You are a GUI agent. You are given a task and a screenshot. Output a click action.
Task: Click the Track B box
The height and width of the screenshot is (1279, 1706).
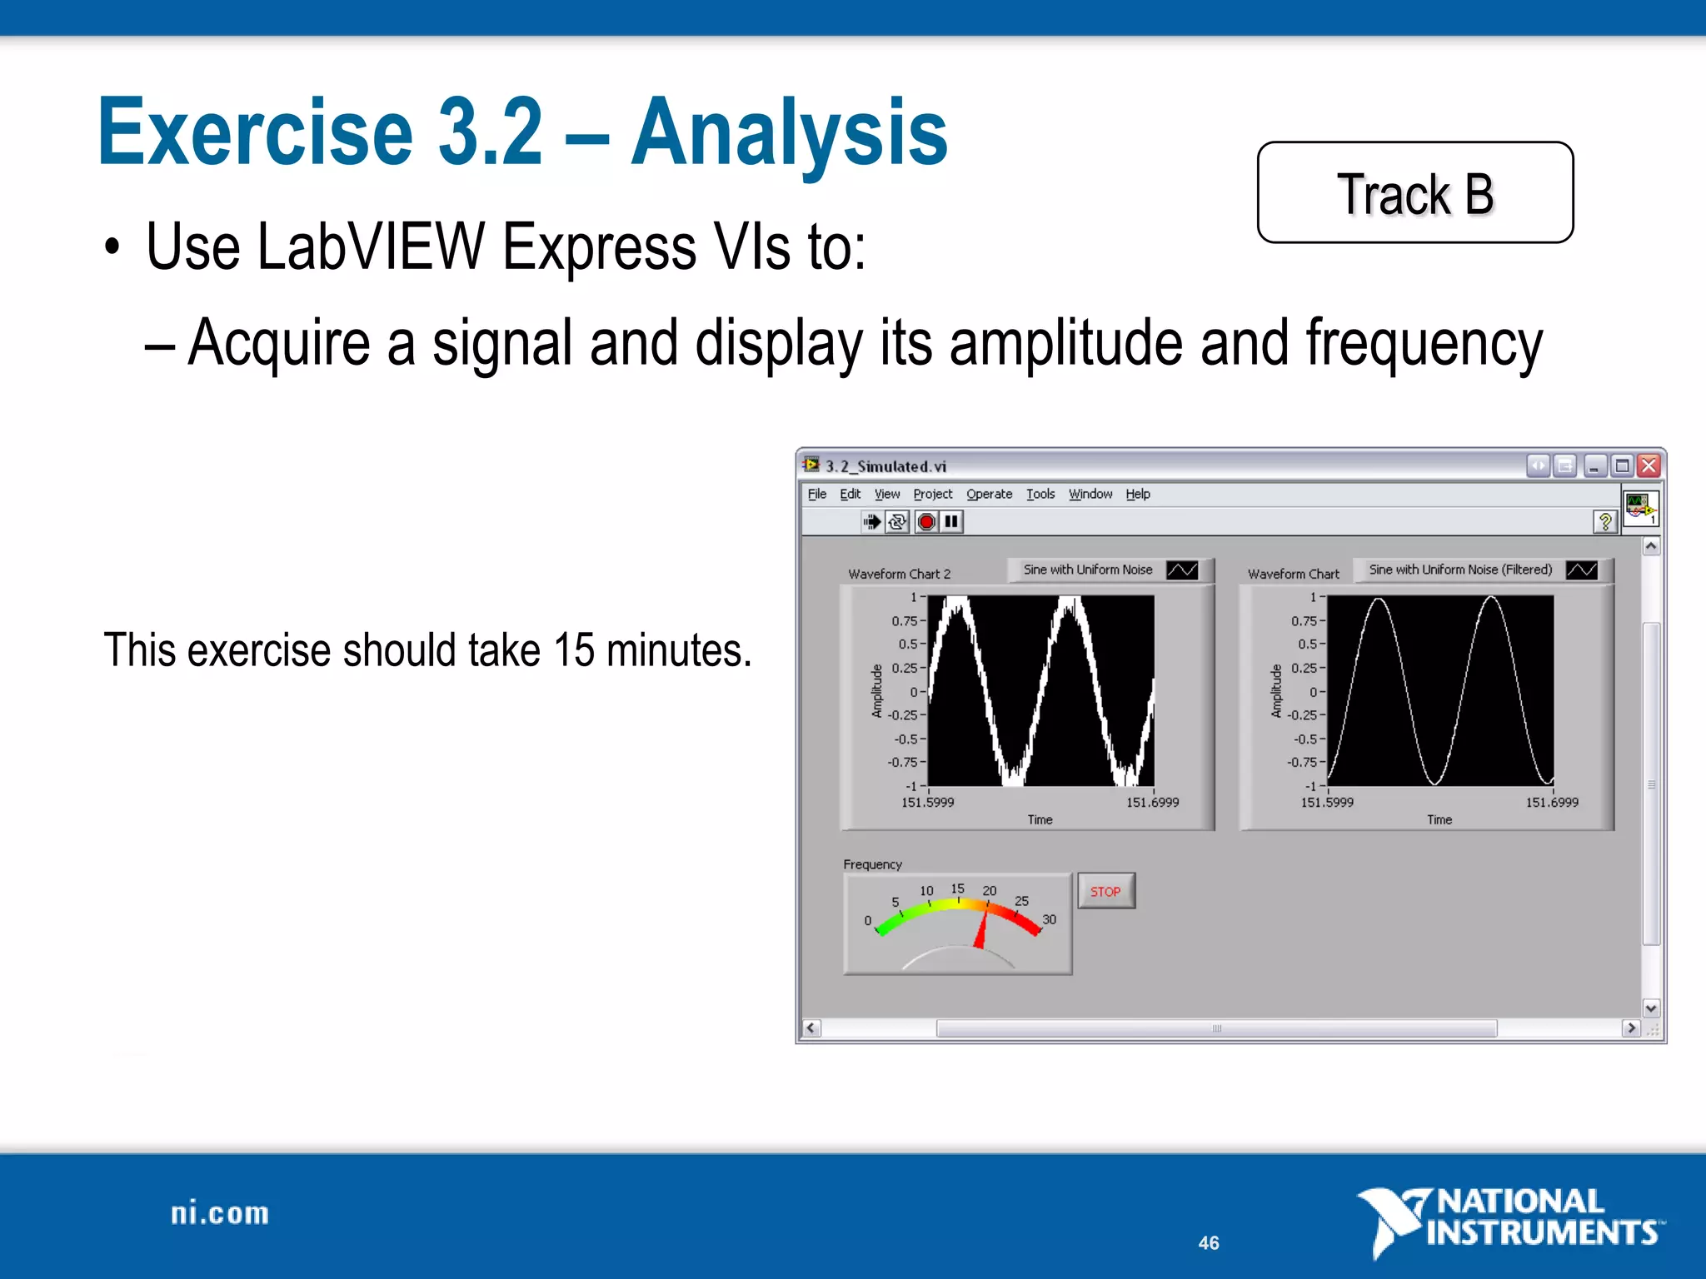coord(1414,192)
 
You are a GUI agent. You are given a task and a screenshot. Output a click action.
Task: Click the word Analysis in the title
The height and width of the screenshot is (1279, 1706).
coord(789,133)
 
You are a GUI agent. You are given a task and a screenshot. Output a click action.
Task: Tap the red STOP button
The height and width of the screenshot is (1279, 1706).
coord(1105,891)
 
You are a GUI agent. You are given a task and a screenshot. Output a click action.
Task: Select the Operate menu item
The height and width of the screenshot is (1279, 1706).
coord(989,494)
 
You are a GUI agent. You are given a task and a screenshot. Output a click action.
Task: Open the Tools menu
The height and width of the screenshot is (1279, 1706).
coord(1040,494)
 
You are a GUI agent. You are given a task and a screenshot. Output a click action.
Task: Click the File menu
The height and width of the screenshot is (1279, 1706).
coord(816,494)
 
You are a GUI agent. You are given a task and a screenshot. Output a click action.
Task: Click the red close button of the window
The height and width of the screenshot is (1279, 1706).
coord(1649,465)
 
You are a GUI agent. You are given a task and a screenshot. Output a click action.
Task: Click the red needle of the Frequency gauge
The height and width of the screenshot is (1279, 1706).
coord(982,928)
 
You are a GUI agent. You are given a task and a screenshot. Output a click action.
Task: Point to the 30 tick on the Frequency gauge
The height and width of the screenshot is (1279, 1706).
coord(1049,919)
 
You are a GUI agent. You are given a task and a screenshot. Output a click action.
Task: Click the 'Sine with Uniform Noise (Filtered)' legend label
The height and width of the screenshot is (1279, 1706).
coord(1460,570)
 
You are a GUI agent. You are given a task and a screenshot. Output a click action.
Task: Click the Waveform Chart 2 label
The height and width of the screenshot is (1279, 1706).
coord(899,574)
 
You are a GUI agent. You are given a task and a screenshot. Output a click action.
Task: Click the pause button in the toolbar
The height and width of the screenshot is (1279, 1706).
coord(951,522)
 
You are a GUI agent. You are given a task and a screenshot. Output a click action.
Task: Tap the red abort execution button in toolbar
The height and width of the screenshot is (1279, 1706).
coord(926,522)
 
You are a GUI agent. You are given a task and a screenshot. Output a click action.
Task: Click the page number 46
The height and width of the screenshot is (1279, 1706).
coord(1208,1242)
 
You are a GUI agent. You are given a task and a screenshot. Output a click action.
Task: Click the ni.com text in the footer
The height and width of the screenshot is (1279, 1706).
coord(220,1213)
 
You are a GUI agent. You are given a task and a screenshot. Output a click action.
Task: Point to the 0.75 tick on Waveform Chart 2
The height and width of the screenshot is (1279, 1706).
coord(905,620)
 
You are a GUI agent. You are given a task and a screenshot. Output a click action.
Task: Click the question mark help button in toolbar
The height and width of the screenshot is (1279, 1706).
coord(1604,522)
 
